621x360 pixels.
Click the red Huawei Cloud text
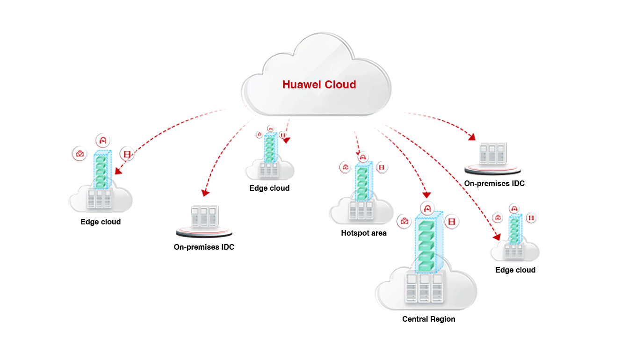319,85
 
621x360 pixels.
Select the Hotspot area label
364,233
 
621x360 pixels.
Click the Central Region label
428,319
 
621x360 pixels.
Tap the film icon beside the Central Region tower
451,221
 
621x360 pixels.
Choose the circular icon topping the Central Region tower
426,207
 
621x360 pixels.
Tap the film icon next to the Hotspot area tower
382,167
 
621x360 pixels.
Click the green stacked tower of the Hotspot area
361,184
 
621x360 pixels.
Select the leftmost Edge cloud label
101,222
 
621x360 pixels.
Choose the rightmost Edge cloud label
515,270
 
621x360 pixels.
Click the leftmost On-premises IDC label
204,247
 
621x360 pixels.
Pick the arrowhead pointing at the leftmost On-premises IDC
204,192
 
